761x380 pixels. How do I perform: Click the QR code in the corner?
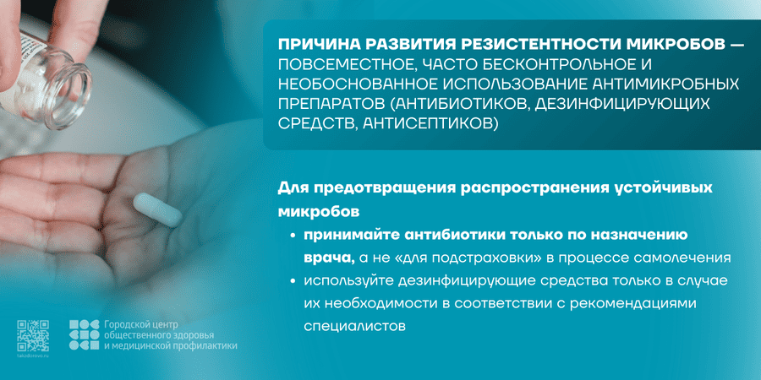click(x=31, y=335)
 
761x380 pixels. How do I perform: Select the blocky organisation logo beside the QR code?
click(x=84, y=335)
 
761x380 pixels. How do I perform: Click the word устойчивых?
click(x=650, y=187)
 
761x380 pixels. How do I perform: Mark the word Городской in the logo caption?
click(x=131, y=324)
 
